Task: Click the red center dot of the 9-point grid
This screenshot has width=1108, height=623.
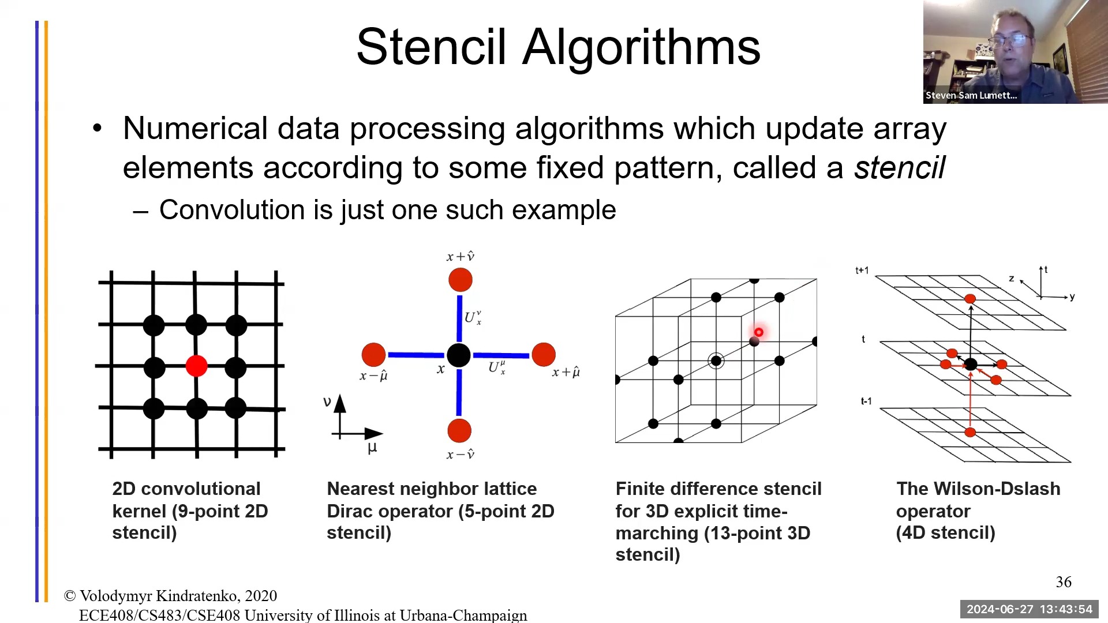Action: pyautogui.click(x=197, y=366)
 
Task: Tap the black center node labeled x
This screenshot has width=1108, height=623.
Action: pyautogui.click(x=459, y=355)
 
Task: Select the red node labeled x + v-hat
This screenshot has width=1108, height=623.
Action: pyautogui.click(x=461, y=280)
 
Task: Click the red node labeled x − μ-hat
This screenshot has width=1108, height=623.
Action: pyautogui.click(x=373, y=355)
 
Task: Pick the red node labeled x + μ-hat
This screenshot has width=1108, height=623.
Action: pyautogui.click(x=544, y=355)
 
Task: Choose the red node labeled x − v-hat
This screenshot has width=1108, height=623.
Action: pyautogui.click(x=459, y=431)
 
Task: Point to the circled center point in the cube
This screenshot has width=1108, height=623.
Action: pyautogui.click(x=716, y=361)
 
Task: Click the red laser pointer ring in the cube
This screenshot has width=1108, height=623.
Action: pyautogui.click(x=759, y=332)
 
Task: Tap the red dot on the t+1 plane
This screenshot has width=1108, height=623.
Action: pyautogui.click(x=970, y=299)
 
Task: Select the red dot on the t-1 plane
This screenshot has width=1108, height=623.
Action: pyautogui.click(x=970, y=432)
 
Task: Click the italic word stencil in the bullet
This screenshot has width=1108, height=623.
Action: pyautogui.click(x=899, y=168)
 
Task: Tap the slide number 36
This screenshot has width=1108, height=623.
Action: pyautogui.click(x=1064, y=582)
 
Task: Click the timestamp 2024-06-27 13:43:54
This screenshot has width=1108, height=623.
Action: pyautogui.click(x=1030, y=609)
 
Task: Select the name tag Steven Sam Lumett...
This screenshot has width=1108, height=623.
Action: pyautogui.click(x=971, y=95)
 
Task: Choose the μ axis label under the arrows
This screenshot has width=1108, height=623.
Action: pyautogui.click(x=372, y=448)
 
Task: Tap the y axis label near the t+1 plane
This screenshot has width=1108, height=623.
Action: pyautogui.click(x=1072, y=297)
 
